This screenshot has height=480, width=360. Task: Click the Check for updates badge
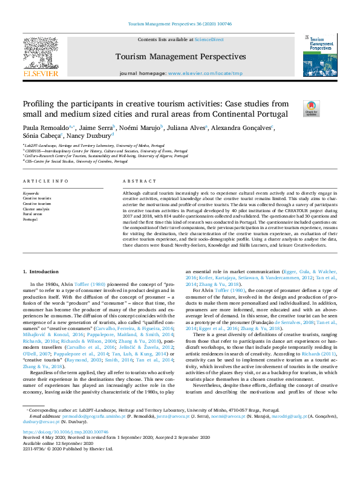[312, 108]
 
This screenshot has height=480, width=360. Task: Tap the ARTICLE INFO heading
[45, 181]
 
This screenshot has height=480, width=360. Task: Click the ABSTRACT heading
[136, 181]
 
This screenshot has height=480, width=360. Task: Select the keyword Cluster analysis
[36, 208]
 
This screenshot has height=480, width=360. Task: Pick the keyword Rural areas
[33, 213]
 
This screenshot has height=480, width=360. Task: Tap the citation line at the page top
[180, 24]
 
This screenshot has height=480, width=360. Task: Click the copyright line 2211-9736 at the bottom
[68, 449]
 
